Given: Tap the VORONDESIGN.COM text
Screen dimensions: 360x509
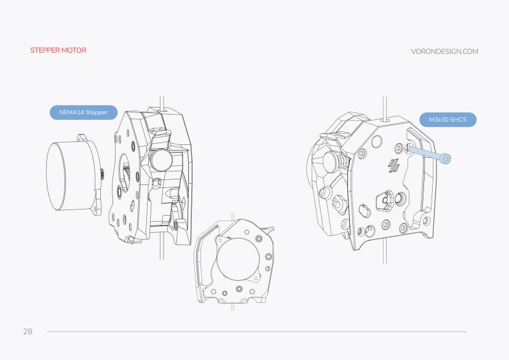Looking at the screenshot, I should tap(444, 52).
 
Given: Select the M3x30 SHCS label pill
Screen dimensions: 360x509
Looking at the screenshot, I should tap(448, 120).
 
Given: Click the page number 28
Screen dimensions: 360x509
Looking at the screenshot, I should tap(28, 332).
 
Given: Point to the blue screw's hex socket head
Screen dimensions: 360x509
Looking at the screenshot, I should tap(446, 159).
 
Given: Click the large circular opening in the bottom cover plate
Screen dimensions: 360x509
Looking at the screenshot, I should tap(237, 261).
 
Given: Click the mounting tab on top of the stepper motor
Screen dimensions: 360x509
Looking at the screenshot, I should tap(82, 138).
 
